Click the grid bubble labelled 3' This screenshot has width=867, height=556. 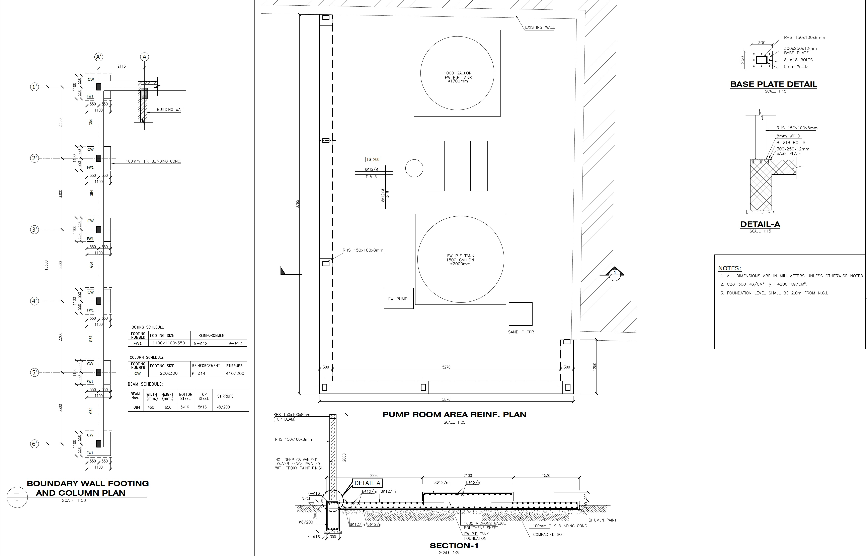tap(34, 230)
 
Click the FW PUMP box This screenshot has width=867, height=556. tap(398, 298)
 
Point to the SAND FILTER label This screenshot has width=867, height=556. tap(521, 332)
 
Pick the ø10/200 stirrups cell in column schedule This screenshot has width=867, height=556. tap(235, 373)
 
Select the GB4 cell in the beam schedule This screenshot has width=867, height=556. tap(137, 407)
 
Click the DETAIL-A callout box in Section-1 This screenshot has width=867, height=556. tap(367, 483)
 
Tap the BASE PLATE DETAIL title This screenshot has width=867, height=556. tap(773, 84)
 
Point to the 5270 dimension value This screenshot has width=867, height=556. tap(446, 367)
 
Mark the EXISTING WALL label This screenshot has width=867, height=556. tap(540, 27)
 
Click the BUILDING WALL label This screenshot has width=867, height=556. tap(170, 109)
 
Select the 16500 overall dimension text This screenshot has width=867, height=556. tap(46, 266)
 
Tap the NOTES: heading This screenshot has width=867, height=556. tap(729, 268)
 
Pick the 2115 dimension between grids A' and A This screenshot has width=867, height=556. tap(122, 66)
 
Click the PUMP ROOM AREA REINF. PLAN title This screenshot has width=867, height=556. tap(454, 414)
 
